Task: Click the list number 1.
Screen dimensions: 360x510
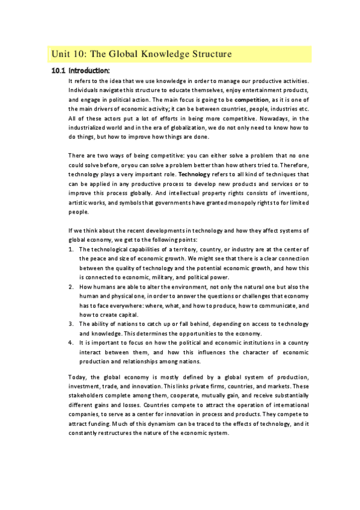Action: point(71,249)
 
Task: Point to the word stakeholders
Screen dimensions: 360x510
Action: point(87,395)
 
